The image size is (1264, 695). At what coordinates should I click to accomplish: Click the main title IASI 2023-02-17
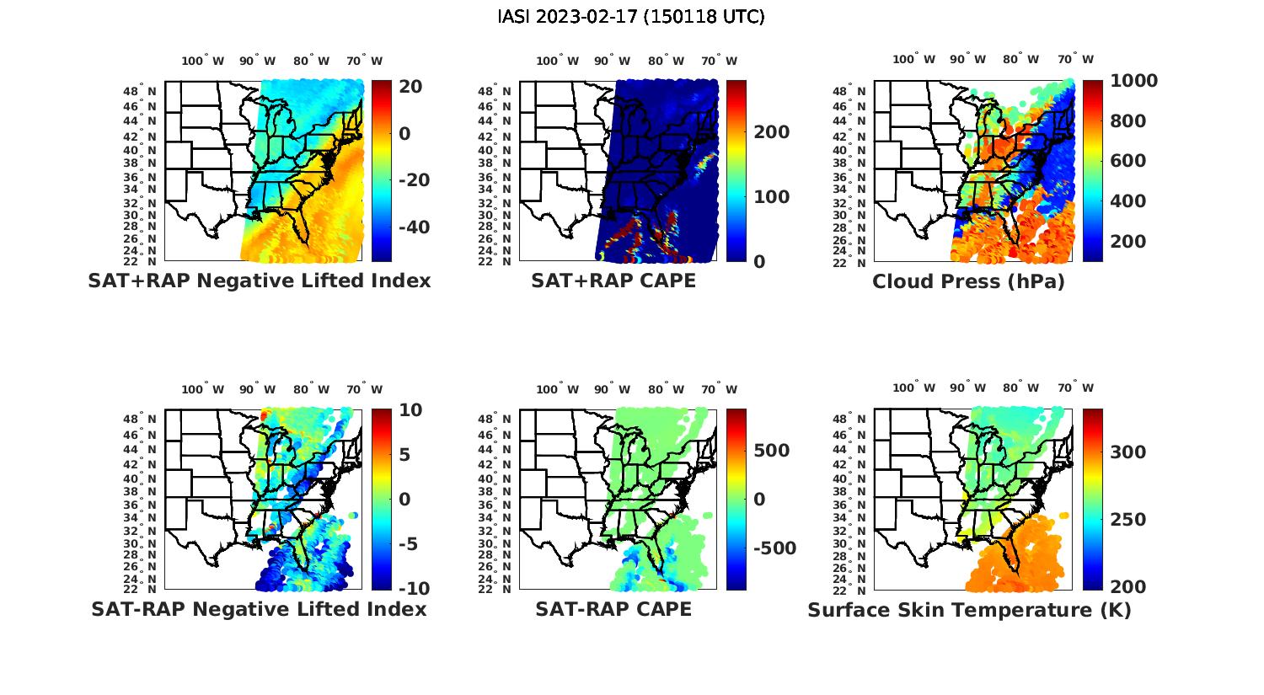(x=631, y=17)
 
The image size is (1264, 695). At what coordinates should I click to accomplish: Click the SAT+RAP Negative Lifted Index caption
(x=260, y=281)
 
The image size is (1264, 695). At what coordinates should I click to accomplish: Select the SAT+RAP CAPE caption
(x=613, y=281)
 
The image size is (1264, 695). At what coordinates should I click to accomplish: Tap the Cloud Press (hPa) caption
(x=968, y=281)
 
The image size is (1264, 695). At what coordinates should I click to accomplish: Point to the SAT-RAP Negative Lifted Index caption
(x=260, y=609)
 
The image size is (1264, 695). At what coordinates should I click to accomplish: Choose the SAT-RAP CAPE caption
(x=613, y=609)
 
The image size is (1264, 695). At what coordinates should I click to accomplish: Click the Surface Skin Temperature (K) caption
(x=969, y=610)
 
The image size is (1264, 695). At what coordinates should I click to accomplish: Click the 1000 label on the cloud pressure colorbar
(x=1133, y=81)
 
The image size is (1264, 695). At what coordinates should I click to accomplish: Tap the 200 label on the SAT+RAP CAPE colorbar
(x=772, y=132)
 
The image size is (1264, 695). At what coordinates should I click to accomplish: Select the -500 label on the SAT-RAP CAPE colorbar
(x=773, y=548)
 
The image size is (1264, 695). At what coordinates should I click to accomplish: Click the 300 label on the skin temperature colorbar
(x=1128, y=452)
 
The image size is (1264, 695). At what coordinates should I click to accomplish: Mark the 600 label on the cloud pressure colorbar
(x=1127, y=161)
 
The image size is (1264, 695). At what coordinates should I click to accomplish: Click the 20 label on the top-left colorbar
(x=411, y=87)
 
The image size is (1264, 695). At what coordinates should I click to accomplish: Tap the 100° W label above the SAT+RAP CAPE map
(x=557, y=61)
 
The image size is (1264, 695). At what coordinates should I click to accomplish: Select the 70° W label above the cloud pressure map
(x=1075, y=60)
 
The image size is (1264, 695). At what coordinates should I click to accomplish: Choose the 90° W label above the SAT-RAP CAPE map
(x=612, y=389)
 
